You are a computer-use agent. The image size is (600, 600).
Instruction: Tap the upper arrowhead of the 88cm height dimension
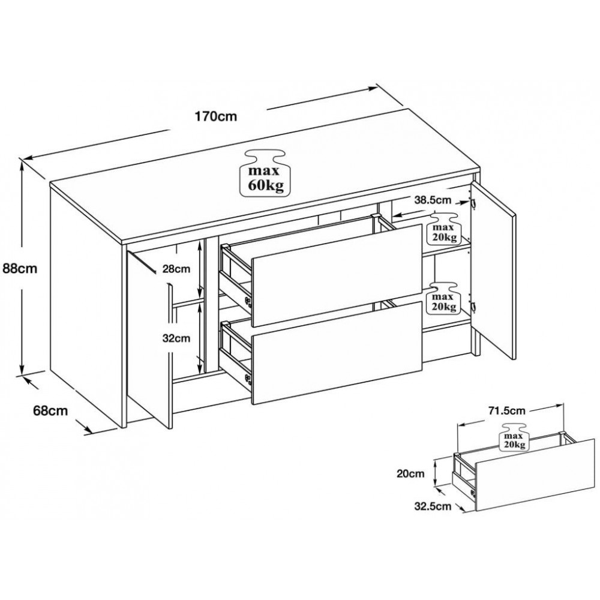(23, 164)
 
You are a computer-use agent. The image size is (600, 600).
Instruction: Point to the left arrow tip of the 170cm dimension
(23, 158)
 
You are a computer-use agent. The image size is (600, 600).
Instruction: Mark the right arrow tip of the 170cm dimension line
(377, 88)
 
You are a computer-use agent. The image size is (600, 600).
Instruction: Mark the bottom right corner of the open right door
(513, 359)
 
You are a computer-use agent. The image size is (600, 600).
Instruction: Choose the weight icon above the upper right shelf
(444, 229)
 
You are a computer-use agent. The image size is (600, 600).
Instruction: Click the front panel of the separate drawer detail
(535, 475)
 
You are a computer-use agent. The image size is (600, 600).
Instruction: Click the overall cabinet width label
(216, 116)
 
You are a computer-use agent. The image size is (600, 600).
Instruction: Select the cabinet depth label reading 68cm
(50, 410)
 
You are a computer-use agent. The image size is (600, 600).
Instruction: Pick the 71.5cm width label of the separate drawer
(506, 410)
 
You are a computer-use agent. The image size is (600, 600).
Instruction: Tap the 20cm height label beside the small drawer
(410, 473)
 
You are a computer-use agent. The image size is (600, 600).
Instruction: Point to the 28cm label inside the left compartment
(176, 269)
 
